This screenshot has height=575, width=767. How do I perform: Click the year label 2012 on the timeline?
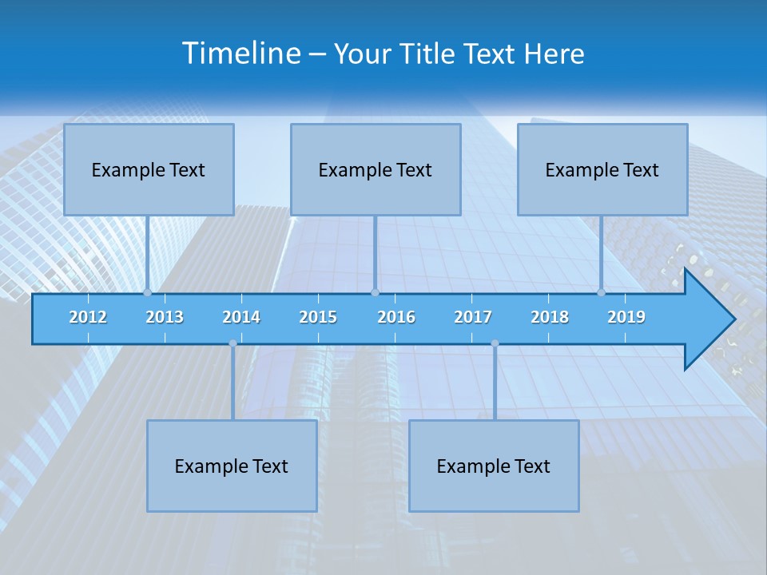tap(88, 317)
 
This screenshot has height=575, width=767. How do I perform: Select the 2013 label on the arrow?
tap(165, 317)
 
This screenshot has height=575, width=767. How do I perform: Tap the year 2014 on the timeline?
tap(241, 317)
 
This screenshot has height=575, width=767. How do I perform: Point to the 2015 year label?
tap(318, 317)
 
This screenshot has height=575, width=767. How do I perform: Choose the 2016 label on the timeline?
tap(396, 317)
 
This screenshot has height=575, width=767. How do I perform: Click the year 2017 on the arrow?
tap(473, 317)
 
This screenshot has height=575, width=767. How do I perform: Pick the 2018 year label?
tap(550, 317)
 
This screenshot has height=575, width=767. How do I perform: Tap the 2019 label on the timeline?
tap(626, 317)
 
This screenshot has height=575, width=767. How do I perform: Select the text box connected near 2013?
tap(149, 169)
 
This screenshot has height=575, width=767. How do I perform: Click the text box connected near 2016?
tap(376, 169)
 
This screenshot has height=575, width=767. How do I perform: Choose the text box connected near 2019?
tap(602, 169)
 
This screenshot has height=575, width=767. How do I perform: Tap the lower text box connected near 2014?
tap(232, 466)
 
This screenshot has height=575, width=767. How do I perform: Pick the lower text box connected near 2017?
tap(494, 466)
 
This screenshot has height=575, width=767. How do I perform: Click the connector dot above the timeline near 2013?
tap(148, 293)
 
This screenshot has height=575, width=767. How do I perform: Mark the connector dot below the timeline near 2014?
tap(232, 343)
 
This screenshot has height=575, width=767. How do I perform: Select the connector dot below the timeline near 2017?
tap(495, 343)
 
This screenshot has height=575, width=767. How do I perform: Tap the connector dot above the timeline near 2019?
tap(602, 293)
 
